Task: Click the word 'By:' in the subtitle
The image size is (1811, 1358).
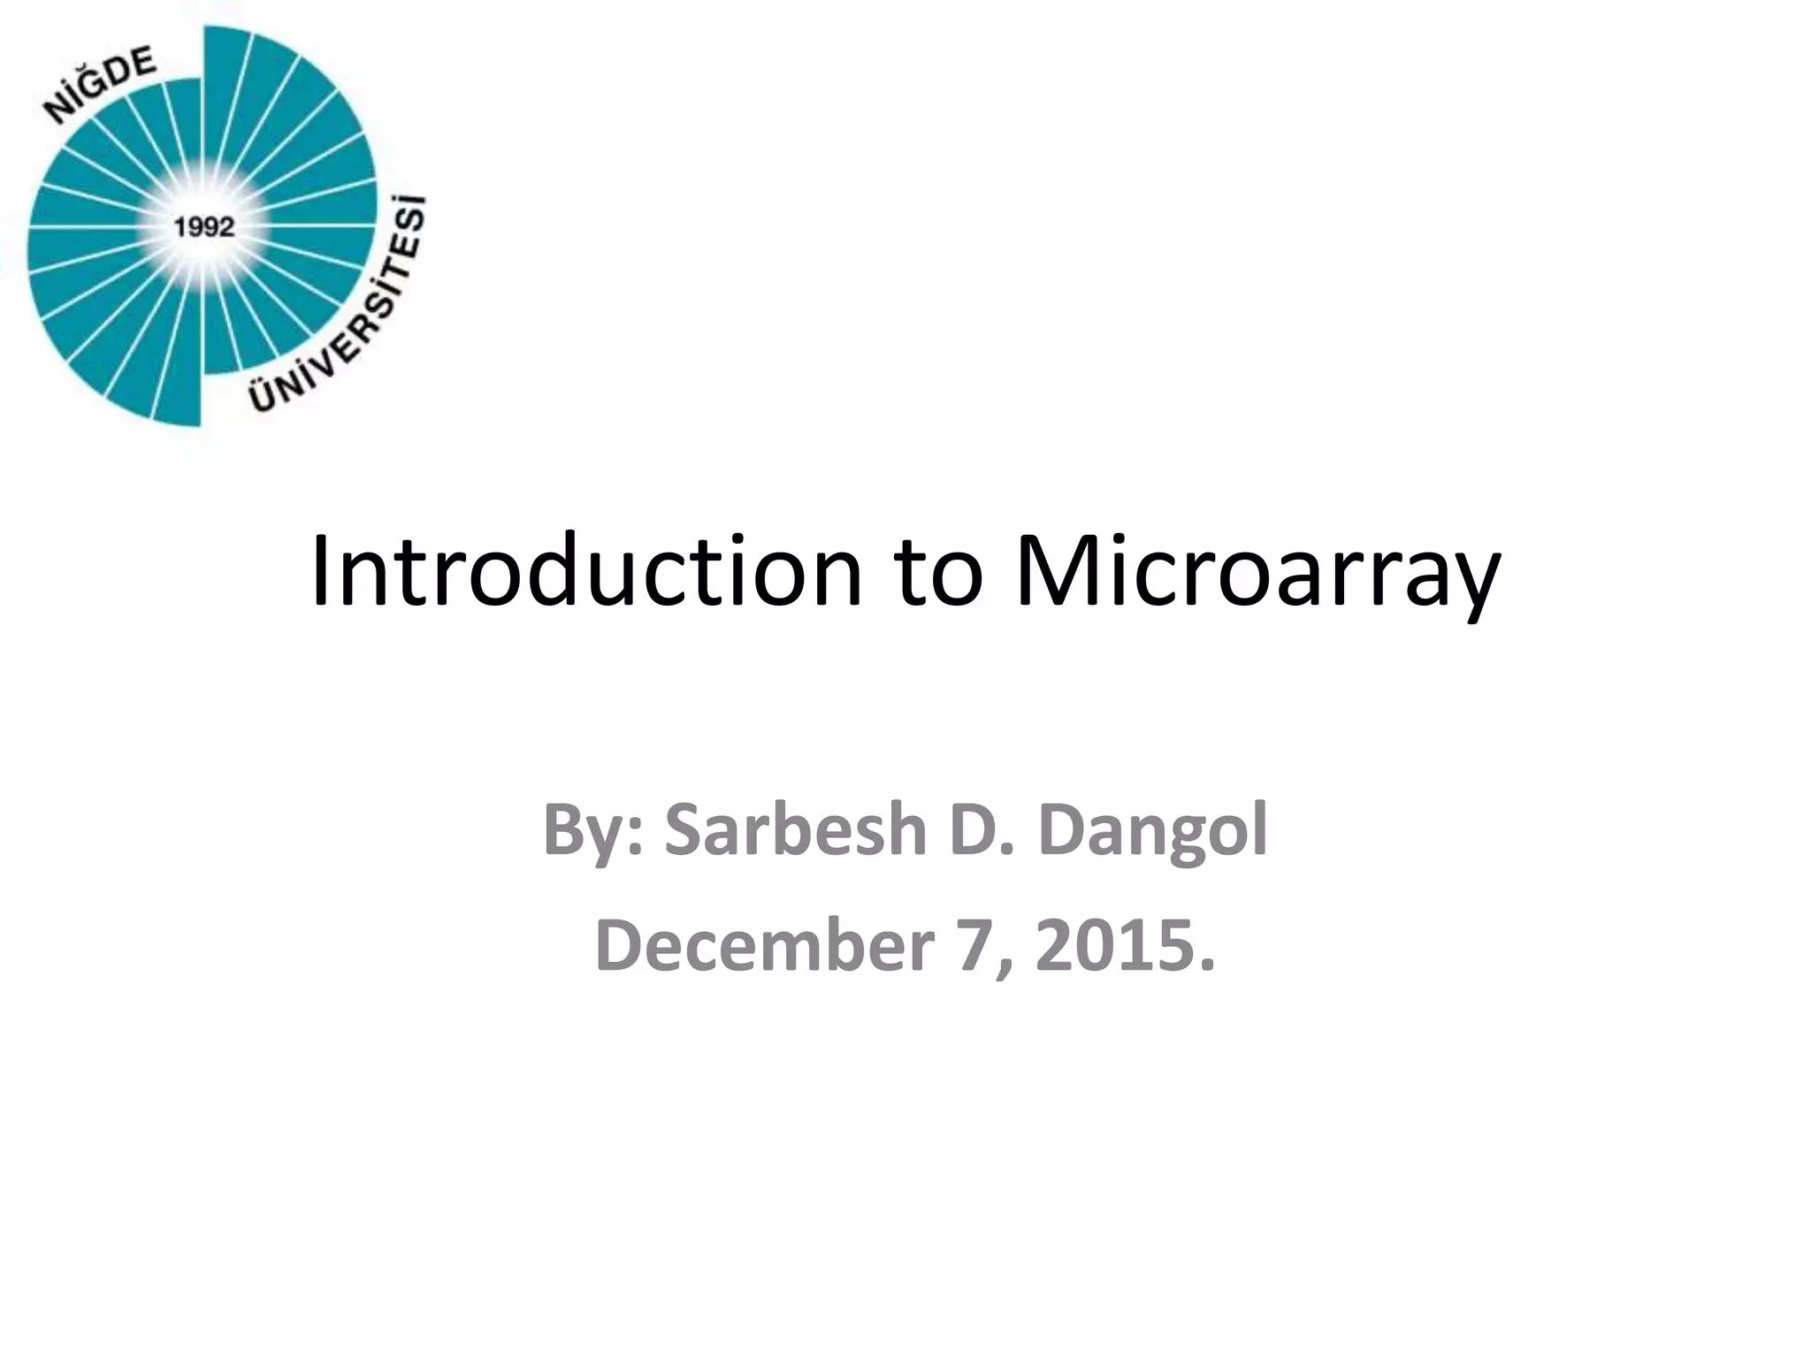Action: (x=594, y=831)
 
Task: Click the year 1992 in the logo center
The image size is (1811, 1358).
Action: (x=204, y=227)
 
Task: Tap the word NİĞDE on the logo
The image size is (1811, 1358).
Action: (x=101, y=85)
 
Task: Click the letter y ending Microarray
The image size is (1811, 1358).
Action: (x=1472, y=584)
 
